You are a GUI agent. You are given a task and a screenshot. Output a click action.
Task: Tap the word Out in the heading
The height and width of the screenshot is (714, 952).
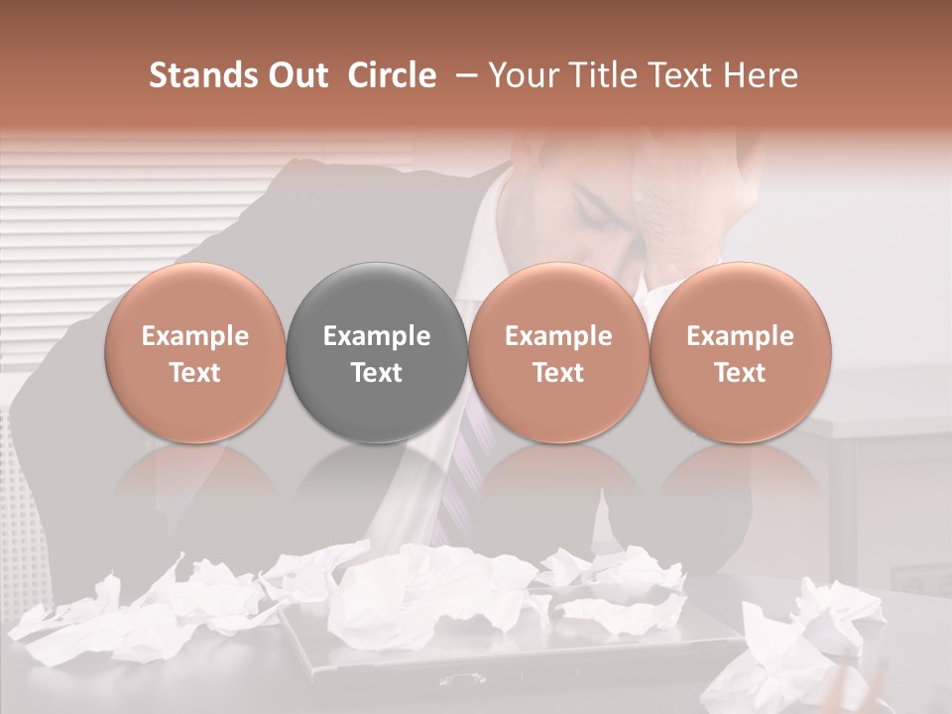(296, 75)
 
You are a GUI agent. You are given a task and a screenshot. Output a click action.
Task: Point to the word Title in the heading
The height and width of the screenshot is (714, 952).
(598, 75)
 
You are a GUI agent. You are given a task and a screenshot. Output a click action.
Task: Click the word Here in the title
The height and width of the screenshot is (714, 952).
(762, 75)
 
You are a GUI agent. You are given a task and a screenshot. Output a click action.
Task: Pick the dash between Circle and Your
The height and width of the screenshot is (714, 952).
(462, 75)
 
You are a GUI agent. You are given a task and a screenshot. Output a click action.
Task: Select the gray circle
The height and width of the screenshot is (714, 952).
(377, 353)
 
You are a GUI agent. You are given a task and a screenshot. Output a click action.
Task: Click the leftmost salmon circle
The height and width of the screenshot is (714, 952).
(195, 353)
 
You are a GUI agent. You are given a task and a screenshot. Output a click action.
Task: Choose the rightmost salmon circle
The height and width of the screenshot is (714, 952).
(740, 353)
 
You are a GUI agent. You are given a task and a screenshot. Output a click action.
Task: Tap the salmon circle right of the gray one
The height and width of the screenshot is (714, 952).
(558, 353)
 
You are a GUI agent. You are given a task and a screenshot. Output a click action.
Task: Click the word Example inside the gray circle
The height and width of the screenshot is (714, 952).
(377, 336)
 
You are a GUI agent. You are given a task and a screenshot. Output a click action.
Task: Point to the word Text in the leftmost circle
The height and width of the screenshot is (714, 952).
(195, 373)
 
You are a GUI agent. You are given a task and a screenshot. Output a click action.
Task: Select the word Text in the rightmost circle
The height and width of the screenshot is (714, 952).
(740, 373)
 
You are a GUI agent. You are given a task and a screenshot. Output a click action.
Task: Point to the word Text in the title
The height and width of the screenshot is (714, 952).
(685, 75)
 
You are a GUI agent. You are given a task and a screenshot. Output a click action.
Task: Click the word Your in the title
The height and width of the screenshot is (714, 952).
(523, 75)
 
